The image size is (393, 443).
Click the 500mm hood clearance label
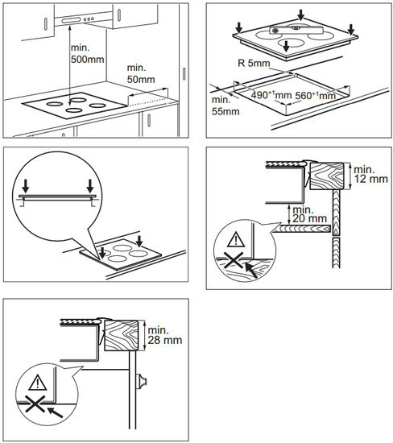87,53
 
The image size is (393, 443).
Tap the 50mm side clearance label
141,73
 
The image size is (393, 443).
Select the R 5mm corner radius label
254,63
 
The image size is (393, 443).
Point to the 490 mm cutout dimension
271,95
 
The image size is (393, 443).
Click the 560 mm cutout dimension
315,96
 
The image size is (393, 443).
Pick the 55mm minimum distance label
225,106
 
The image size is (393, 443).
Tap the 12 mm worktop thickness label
370,174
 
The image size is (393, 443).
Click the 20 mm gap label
310,214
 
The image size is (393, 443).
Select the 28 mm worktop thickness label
165,335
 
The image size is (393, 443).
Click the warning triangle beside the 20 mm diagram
236,239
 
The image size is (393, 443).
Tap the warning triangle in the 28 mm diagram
38,383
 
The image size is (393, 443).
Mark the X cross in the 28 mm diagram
35,404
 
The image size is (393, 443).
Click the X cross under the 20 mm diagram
234,260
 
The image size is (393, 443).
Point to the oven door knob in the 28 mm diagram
142,382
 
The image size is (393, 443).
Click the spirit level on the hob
296,30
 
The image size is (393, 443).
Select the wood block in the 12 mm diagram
327,176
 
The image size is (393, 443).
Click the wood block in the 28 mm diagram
122,335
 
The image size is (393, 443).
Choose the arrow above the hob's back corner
301,15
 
